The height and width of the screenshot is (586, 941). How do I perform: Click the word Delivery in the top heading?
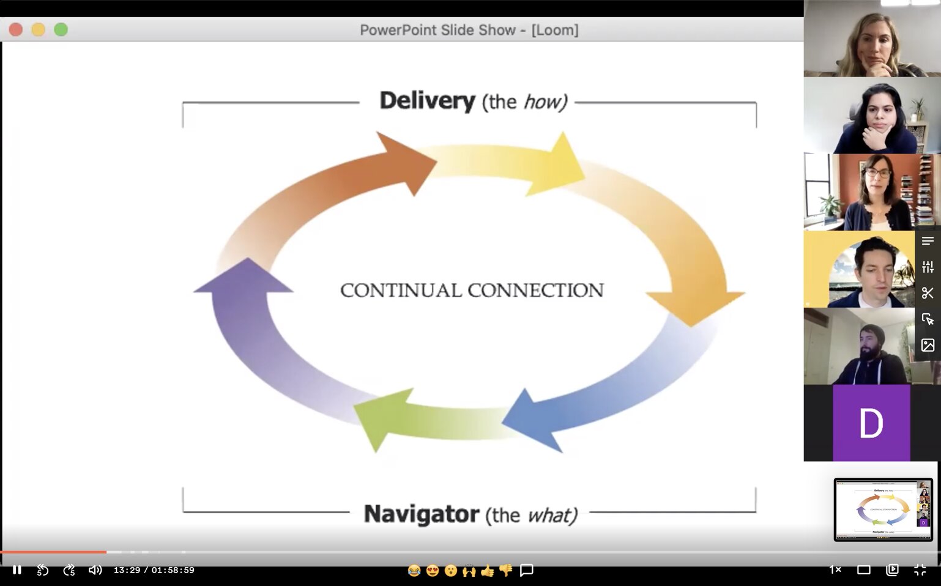[427, 100]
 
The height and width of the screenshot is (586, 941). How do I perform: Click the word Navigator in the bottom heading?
[421, 514]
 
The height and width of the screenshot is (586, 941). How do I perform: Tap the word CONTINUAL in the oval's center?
[401, 290]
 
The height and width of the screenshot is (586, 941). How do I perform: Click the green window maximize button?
[61, 29]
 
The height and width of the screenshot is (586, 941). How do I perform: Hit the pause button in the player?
[17, 570]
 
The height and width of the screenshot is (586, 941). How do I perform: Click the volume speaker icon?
[95, 570]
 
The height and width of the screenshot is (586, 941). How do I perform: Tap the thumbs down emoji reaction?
[506, 570]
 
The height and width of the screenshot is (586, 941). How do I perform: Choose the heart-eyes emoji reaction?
[433, 570]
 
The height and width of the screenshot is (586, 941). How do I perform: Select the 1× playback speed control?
[835, 570]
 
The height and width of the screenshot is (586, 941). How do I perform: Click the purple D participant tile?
[871, 423]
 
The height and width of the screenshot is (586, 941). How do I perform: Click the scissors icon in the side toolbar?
[928, 293]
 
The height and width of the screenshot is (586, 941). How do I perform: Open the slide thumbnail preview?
[883, 510]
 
